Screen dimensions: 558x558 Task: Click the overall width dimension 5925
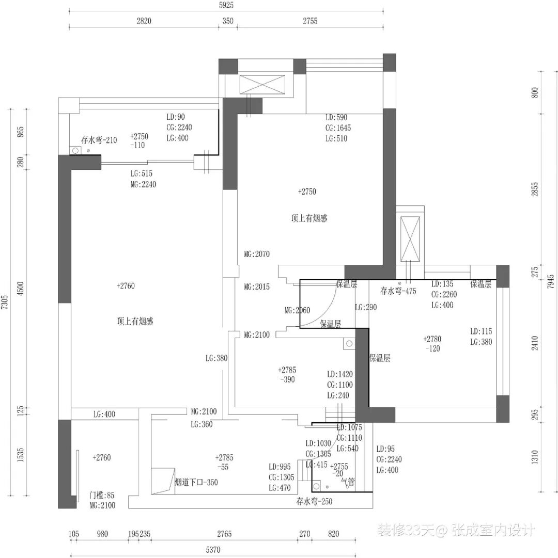point(226,5)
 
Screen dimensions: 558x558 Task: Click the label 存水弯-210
point(99,140)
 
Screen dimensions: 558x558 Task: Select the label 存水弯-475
point(398,291)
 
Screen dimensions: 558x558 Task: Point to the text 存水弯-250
point(315,501)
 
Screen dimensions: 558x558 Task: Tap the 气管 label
point(348,483)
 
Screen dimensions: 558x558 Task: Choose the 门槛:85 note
point(102,495)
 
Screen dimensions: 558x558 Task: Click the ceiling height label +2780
point(432,339)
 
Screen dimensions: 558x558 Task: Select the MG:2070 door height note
point(257,254)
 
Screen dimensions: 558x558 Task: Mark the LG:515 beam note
point(141,174)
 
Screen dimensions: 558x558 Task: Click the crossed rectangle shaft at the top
point(262,85)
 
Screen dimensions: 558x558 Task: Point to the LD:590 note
point(336,117)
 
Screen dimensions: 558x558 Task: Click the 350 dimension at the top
point(228,21)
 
